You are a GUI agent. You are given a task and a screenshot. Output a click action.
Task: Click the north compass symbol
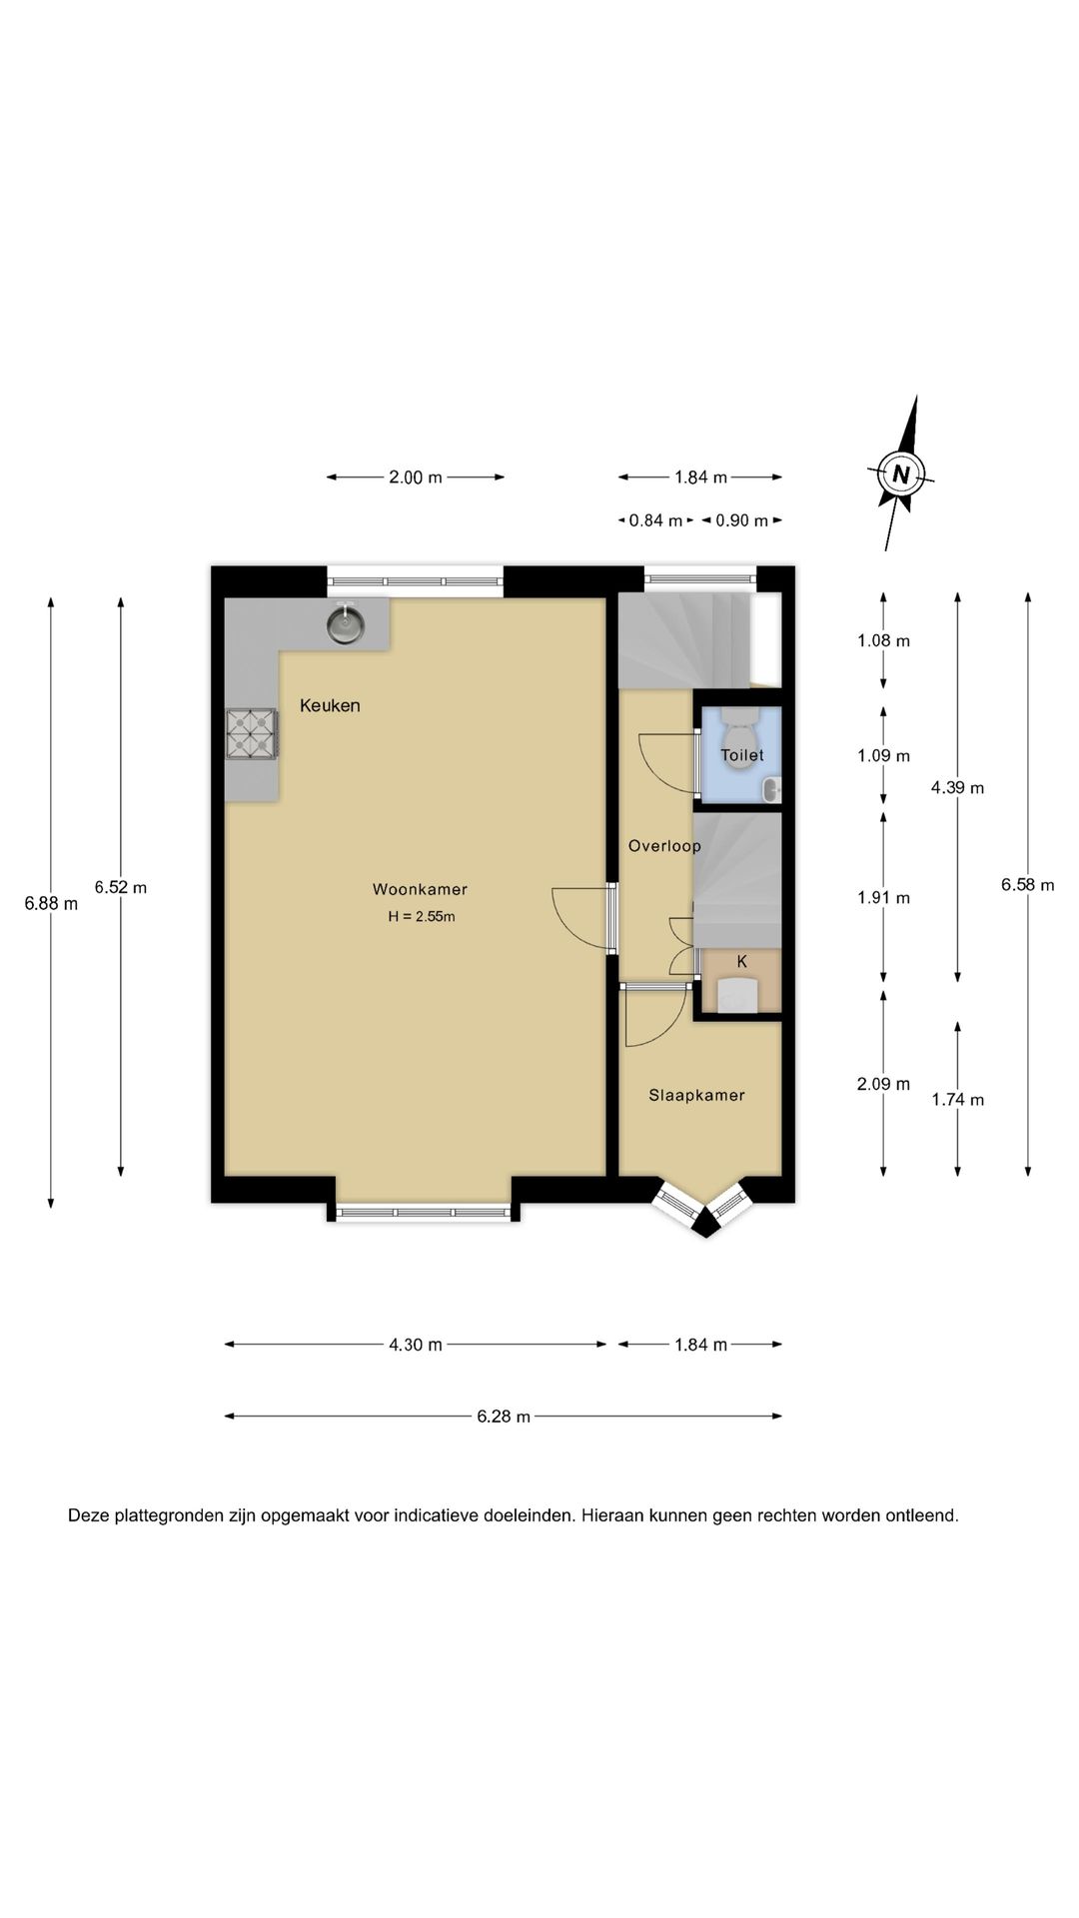click(x=902, y=474)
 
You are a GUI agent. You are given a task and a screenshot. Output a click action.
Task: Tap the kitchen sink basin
click(x=346, y=624)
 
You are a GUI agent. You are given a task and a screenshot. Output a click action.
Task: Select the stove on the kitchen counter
click(x=252, y=735)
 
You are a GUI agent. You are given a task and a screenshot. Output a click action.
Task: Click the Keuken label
click(x=330, y=705)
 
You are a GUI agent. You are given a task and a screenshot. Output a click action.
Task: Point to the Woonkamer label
click(x=420, y=889)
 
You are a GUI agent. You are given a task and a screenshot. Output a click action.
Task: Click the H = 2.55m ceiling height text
click(x=422, y=916)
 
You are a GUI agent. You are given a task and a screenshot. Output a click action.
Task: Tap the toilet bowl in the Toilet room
click(x=740, y=725)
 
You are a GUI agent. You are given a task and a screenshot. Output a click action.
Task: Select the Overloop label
click(x=664, y=846)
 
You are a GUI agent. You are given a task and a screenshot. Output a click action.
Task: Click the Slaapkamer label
click(x=696, y=1095)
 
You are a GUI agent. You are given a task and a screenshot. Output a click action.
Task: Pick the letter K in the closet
click(x=742, y=962)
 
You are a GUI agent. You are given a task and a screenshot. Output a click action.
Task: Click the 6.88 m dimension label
click(x=51, y=904)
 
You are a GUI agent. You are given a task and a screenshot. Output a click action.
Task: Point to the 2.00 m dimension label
click(x=416, y=478)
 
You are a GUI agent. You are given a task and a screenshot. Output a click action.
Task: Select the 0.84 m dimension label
click(x=655, y=520)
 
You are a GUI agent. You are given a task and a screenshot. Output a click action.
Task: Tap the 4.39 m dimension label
click(x=957, y=787)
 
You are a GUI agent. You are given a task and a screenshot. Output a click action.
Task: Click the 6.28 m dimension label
click(x=504, y=1416)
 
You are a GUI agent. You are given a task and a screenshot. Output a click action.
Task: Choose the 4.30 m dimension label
click(x=416, y=1345)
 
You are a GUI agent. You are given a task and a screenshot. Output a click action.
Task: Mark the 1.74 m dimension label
click(x=957, y=1100)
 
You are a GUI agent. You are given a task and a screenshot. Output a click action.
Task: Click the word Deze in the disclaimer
click(x=88, y=1515)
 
